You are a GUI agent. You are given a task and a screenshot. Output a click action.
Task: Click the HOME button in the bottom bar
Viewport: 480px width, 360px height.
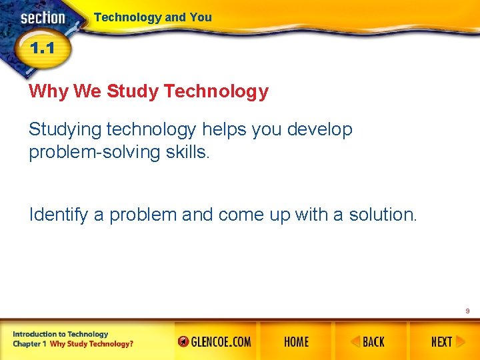(296, 342)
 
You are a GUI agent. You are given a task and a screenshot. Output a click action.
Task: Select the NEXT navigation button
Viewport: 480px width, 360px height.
(443, 342)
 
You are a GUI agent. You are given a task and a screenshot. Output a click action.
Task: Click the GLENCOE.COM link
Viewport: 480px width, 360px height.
(215, 342)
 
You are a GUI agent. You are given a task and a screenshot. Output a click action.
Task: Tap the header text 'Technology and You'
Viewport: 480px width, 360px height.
(153, 17)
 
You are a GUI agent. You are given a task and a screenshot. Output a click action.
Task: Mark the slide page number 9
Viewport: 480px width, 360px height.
(467, 311)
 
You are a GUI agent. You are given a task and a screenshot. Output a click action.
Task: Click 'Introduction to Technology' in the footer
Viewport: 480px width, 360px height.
(60, 334)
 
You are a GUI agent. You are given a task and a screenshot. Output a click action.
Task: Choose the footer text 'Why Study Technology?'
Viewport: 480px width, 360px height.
(91, 344)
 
